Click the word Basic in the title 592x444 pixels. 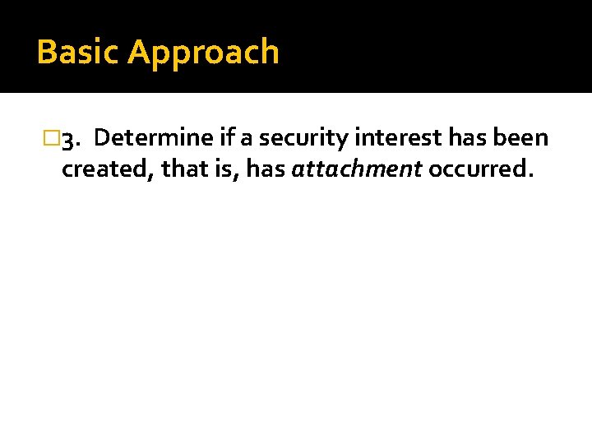tap(78, 52)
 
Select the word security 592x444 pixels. tap(303, 139)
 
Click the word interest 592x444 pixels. tap(398, 138)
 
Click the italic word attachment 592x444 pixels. tap(357, 169)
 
